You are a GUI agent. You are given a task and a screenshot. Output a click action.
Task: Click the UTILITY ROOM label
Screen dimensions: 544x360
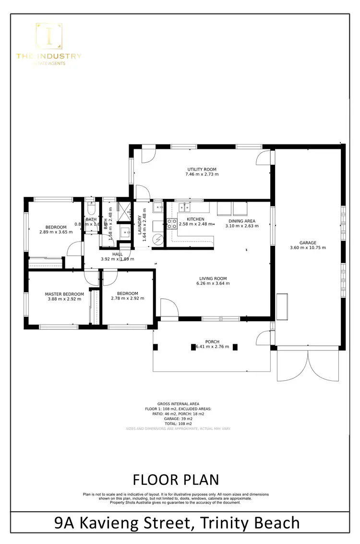click(x=202, y=169)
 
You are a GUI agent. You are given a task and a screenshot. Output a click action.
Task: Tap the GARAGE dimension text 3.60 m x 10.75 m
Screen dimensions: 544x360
click(x=308, y=248)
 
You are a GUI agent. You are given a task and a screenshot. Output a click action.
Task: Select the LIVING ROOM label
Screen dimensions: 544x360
click(x=213, y=278)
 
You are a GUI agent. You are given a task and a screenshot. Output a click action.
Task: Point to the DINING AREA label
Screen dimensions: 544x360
click(x=242, y=221)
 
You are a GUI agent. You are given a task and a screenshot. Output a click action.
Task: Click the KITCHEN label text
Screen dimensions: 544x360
click(x=195, y=219)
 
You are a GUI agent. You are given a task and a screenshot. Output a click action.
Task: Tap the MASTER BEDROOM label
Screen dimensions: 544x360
click(x=64, y=294)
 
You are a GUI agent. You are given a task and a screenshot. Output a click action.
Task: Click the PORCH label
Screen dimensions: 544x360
click(x=212, y=341)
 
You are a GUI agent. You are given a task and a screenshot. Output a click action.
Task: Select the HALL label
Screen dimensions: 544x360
click(x=118, y=254)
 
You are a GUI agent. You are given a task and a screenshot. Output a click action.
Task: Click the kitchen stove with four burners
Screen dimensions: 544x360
click(x=172, y=223)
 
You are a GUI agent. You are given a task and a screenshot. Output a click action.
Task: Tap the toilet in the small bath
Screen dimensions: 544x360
click(x=91, y=208)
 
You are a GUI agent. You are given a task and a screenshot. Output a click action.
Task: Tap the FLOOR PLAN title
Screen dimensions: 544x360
click(x=176, y=480)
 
